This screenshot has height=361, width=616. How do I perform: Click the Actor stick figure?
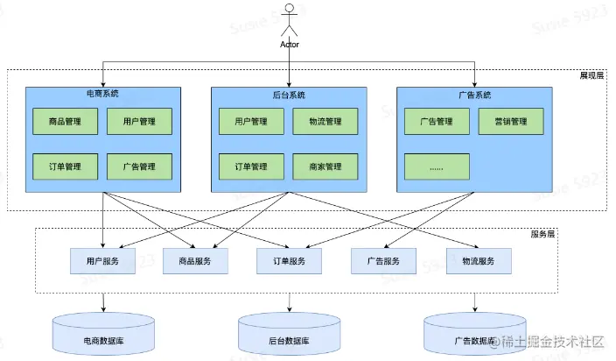289,19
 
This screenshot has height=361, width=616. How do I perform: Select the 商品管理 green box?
66,122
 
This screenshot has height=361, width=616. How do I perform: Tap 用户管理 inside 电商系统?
139,122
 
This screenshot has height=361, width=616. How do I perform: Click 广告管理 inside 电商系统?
139,166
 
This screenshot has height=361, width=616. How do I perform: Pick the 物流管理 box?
325,122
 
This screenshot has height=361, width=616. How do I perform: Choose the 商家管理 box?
325,166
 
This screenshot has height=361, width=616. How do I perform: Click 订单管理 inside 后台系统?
251,166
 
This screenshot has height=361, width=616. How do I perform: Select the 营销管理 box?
511,122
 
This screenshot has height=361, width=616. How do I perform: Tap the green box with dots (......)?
437,166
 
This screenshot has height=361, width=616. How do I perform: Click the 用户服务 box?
103,261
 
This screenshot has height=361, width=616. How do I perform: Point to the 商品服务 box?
195,261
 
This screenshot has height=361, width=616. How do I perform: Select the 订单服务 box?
289,261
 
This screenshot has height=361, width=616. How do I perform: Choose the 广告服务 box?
383,261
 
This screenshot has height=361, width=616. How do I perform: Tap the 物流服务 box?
479,261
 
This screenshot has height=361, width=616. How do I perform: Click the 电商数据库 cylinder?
104,334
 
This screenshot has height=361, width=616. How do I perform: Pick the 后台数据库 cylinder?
289,334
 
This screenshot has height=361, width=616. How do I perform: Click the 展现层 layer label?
591,75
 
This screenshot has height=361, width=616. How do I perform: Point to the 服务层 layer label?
542,234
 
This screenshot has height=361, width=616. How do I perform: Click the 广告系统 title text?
474,96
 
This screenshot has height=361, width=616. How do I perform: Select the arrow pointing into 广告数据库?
475,302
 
